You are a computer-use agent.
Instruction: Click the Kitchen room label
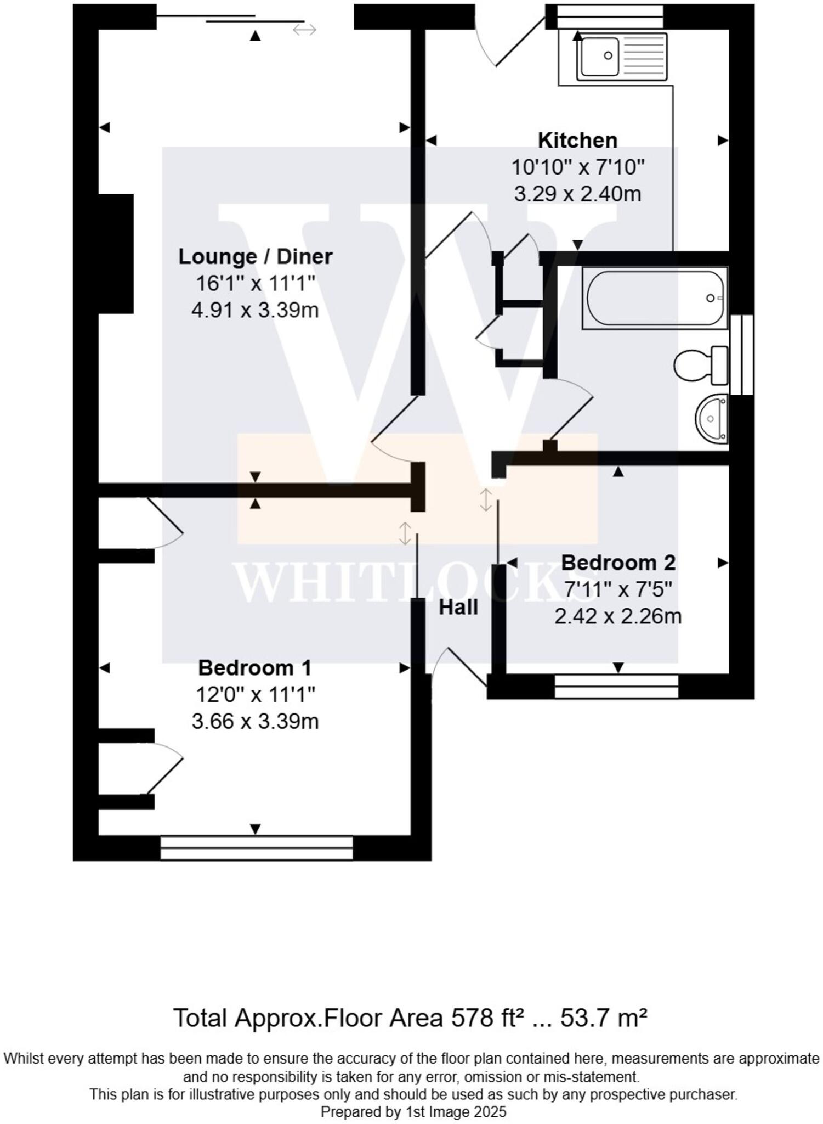577,140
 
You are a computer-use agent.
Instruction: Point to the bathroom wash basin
712,419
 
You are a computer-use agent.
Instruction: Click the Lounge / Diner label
256,257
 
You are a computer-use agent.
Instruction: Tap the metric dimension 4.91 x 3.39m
255,311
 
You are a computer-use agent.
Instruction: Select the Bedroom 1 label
254,668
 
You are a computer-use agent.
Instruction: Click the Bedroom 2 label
618,563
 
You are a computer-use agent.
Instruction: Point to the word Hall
458,608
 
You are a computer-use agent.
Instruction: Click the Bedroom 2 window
616,686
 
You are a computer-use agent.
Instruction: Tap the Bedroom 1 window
257,848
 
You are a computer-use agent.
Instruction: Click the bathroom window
742,354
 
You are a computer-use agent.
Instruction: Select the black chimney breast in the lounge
116,254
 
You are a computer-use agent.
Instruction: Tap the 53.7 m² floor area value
603,1019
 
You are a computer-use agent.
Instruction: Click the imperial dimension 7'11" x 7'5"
618,590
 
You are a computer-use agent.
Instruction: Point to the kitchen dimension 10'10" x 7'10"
577,167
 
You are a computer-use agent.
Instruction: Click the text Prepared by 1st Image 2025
413,1112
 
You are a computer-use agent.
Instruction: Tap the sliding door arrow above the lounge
304,30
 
